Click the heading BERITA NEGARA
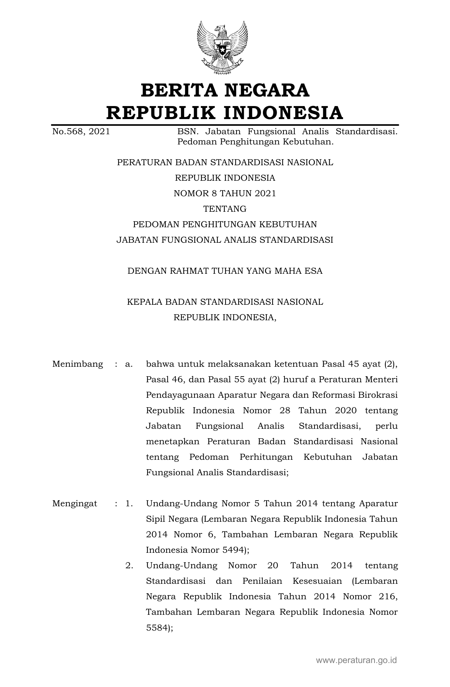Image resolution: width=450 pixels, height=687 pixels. pos(225,90)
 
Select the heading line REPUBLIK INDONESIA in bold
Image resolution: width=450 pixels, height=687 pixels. pos(225,113)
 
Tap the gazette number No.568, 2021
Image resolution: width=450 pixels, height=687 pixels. pos(81,132)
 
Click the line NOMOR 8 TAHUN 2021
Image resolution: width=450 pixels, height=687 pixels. pos(225,193)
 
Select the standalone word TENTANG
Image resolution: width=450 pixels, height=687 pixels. pos(225,209)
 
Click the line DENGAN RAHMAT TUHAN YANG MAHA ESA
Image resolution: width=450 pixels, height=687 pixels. pos(225,271)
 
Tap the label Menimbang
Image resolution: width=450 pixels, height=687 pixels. pos(78,364)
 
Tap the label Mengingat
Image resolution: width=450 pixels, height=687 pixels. pos(74,503)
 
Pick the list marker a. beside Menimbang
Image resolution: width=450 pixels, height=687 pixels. pos(129,364)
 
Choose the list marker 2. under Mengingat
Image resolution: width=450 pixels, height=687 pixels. pos(129,565)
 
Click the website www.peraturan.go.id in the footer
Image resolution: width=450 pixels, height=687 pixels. pos(356,660)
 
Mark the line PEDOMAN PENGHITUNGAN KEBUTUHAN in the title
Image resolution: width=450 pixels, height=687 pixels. pos(225,224)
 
